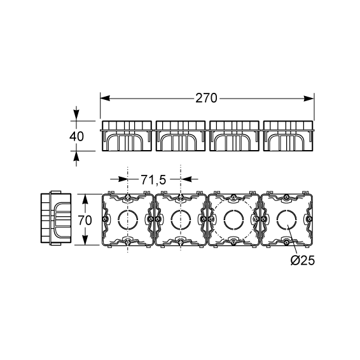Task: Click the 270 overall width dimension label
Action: (206, 98)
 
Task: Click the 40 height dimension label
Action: (77, 136)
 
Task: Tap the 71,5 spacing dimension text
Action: (153, 180)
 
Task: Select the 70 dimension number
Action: (85, 221)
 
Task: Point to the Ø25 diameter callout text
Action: (302, 261)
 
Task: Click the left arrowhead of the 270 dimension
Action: (105, 99)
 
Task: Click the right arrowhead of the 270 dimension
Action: (308, 99)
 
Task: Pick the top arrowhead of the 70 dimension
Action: (85, 199)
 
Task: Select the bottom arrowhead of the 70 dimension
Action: (85, 240)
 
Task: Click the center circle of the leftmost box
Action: (128, 219)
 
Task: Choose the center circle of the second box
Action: (181, 219)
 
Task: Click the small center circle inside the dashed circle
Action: (233, 219)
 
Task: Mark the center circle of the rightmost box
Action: (286, 219)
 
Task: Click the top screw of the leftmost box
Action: (128, 197)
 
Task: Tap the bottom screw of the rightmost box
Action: (286, 242)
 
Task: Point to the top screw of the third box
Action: (233, 197)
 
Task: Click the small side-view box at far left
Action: (56, 218)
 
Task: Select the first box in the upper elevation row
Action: (127, 136)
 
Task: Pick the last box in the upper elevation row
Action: (288, 136)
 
